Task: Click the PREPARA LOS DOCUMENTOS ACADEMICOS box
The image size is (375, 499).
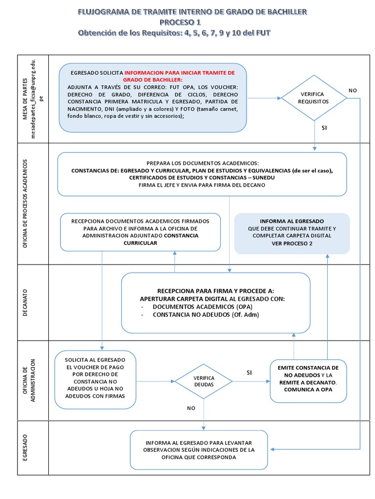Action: [x=202, y=174]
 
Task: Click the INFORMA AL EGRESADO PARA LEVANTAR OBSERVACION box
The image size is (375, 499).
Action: [x=199, y=449]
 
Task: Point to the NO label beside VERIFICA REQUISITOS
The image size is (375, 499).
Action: [x=353, y=90]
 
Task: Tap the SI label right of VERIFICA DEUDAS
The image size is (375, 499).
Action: [x=249, y=372]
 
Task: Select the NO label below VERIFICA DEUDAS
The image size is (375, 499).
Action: [x=191, y=408]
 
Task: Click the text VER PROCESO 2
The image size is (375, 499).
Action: [x=292, y=243]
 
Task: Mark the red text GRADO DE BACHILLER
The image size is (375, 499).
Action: [x=153, y=79]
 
